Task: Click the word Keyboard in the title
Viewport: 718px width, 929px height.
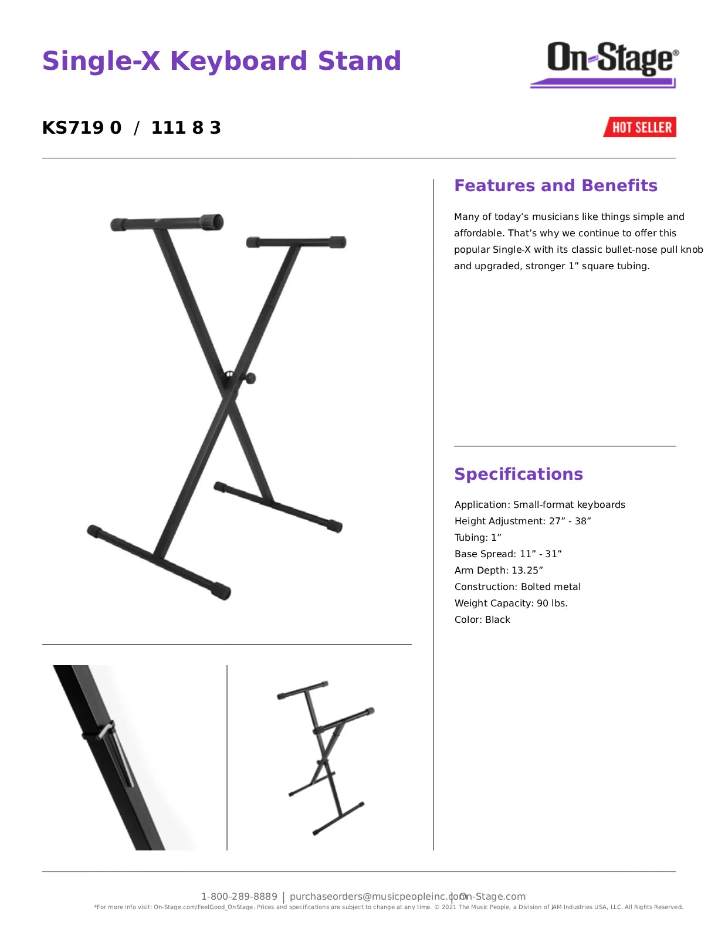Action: pos(238,61)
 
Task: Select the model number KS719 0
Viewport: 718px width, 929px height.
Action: pos(82,128)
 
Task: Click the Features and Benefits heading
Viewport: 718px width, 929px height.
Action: pos(556,186)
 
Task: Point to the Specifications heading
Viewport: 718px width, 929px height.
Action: pos(519,474)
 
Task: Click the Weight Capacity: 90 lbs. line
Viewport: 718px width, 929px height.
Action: pos(511,603)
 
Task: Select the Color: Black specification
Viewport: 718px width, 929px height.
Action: pos(482,619)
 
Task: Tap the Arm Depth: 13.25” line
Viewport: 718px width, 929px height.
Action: pos(499,570)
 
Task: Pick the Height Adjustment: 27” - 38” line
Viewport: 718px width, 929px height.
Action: pos(523,521)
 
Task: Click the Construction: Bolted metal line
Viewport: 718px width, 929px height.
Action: pos(517,586)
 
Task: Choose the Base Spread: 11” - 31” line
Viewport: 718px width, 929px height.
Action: pos(508,554)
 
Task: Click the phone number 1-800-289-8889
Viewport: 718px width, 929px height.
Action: pos(239,896)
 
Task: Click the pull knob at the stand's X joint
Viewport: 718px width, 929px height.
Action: pos(250,378)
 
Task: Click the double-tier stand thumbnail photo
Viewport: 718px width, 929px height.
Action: pos(326,757)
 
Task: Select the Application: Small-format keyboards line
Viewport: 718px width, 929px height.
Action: pos(540,504)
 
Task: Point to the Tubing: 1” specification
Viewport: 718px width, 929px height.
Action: pos(477,537)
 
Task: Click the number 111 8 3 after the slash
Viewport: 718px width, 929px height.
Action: pos(186,128)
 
